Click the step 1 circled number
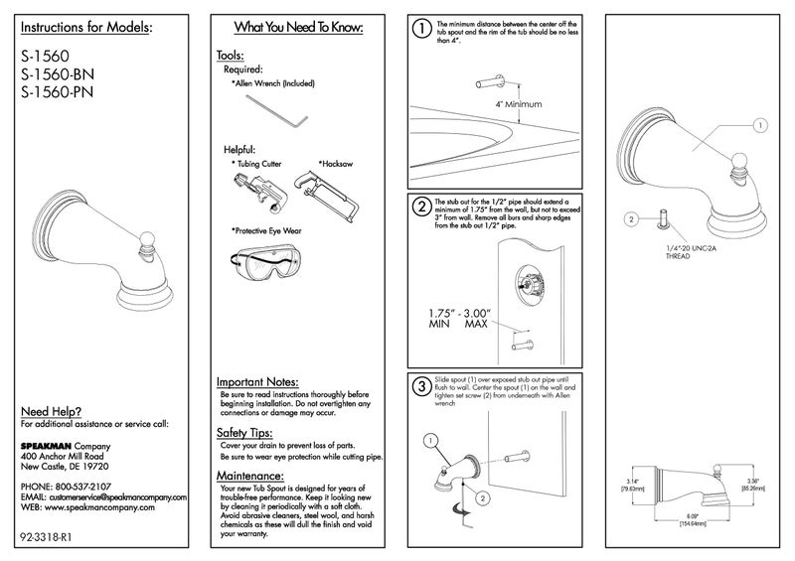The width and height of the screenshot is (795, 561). point(422,30)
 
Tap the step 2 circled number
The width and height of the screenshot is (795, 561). point(422,208)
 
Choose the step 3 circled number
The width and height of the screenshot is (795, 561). point(422,386)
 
